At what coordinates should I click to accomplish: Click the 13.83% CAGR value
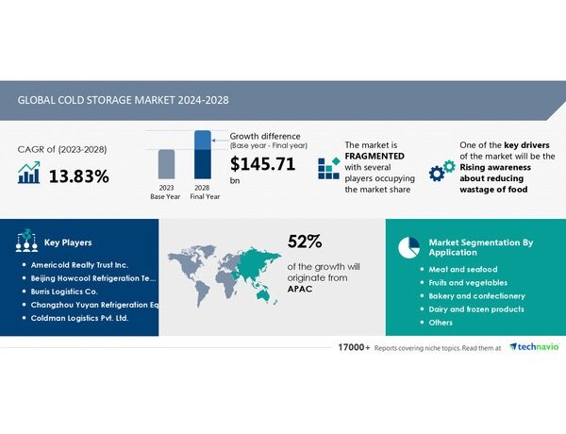click(78, 176)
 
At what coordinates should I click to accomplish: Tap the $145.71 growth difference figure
click(263, 164)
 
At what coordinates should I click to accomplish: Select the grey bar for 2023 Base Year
click(166, 164)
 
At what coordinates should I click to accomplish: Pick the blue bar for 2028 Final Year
click(203, 155)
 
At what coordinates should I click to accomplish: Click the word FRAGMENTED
click(375, 156)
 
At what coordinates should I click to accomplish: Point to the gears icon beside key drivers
click(442, 171)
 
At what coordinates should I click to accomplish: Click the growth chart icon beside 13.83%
click(29, 173)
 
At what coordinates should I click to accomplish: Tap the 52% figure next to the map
click(305, 242)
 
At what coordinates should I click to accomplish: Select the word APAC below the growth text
click(300, 289)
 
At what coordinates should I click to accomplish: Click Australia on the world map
click(264, 294)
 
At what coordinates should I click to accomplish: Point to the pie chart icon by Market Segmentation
click(409, 247)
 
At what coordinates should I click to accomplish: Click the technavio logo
click(534, 347)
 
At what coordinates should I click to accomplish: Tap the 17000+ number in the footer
click(354, 347)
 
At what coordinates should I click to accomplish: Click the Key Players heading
click(68, 242)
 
